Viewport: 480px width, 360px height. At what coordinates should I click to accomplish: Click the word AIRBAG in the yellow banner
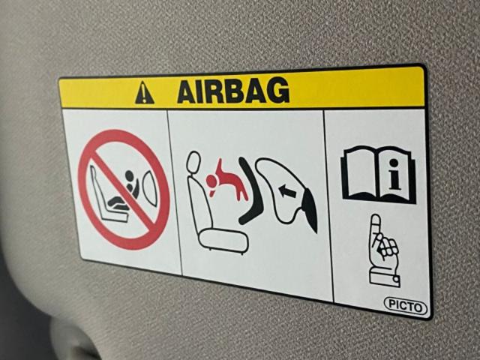(233, 90)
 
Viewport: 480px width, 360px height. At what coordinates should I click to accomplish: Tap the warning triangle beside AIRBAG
(144, 93)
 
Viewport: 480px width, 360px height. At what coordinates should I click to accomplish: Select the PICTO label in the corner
(405, 305)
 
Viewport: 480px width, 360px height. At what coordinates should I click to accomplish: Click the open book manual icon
(379, 175)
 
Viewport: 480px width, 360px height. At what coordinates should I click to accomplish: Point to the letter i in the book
(395, 174)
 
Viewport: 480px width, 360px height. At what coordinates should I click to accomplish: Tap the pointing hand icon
(384, 250)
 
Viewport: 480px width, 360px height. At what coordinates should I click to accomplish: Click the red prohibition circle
(124, 190)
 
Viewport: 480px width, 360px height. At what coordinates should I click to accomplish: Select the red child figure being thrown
(226, 181)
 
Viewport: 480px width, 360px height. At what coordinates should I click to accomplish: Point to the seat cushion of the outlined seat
(223, 241)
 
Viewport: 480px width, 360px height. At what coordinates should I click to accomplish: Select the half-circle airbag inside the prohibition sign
(151, 188)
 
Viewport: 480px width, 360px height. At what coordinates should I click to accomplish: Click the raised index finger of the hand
(376, 226)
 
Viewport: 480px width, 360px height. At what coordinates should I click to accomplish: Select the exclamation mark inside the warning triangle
(144, 94)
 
